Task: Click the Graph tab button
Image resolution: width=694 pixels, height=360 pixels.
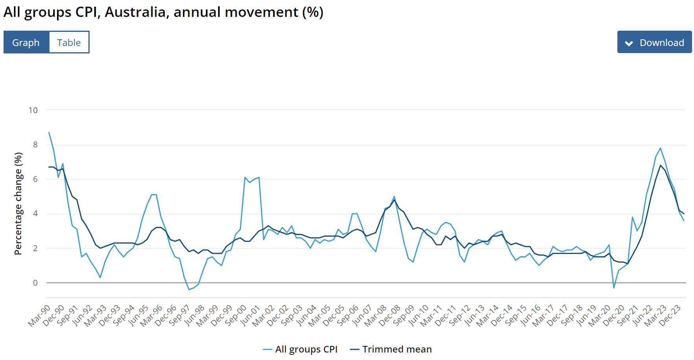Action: click(x=26, y=42)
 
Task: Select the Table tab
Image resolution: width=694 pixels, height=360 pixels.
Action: click(x=69, y=42)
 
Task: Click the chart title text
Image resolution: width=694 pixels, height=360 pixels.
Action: click(x=163, y=12)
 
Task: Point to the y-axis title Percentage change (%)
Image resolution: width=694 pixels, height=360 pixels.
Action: click(x=18, y=204)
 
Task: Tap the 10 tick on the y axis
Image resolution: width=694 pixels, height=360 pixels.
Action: click(x=33, y=110)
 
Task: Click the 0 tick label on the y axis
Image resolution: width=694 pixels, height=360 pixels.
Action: click(x=35, y=283)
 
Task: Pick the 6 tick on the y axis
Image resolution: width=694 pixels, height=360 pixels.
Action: click(x=35, y=179)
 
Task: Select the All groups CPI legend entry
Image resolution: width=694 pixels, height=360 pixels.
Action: click(x=301, y=349)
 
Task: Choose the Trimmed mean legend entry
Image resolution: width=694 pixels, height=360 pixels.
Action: click(x=391, y=349)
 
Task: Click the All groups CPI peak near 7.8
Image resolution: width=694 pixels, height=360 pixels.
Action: click(x=661, y=148)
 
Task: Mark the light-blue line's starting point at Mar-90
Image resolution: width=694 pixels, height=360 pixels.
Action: click(x=49, y=132)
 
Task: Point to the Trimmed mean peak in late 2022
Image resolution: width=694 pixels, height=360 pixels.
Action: click(x=661, y=165)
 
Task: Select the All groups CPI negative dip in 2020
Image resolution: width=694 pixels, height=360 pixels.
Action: click(x=614, y=288)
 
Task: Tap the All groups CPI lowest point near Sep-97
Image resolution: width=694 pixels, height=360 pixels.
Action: click(x=189, y=290)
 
